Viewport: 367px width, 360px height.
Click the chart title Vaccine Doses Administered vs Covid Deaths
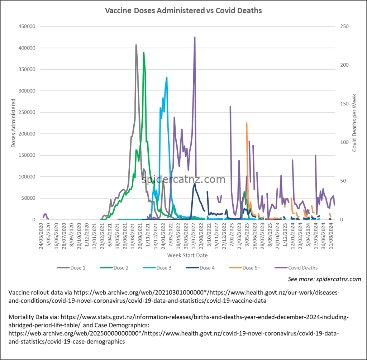pyautogui.click(x=183, y=10)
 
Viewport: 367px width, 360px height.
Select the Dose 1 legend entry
pyautogui.click(x=71, y=268)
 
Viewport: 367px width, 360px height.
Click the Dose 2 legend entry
pyautogui.click(x=114, y=268)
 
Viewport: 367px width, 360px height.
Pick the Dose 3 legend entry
pyautogui.click(x=157, y=268)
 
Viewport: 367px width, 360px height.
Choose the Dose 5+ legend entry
pyautogui.click(x=244, y=268)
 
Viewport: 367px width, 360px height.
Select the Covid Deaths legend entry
pyautogui.click(x=296, y=268)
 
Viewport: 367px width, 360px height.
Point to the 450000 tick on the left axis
pyautogui.click(x=27, y=27)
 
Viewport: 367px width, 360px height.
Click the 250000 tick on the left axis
pyautogui.click(x=27, y=112)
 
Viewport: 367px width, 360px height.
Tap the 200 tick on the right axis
pyautogui.click(x=344, y=65)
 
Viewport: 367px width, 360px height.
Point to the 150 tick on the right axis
pyautogui.click(x=344, y=104)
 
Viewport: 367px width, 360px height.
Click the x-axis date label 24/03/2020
pyautogui.click(x=41, y=236)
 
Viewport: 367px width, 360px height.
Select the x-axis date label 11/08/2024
pyautogui.click(x=332, y=236)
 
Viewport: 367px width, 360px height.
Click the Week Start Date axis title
pyautogui.click(x=187, y=255)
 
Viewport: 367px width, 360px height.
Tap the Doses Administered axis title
pyautogui.click(x=13, y=123)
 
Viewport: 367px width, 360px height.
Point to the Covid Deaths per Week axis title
pyautogui.click(x=354, y=123)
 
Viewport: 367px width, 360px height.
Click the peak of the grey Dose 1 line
pyautogui.click(x=136, y=45)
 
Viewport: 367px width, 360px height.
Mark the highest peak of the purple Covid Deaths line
pyautogui.click(x=195, y=37)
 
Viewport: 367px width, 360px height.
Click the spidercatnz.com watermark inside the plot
pyautogui.click(x=183, y=179)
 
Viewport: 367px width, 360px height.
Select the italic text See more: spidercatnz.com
pyautogui.click(x=324, y=279)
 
